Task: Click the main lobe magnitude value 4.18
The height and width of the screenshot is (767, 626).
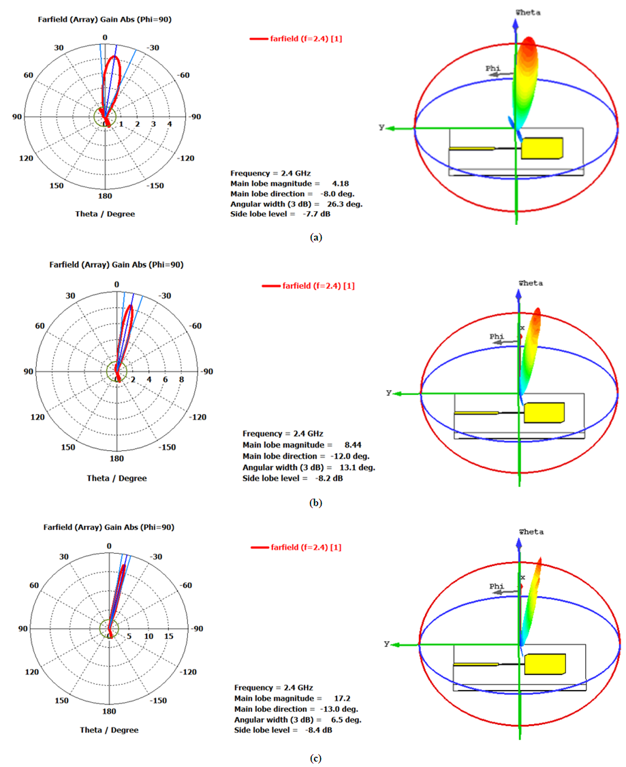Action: click(x=340, y=184)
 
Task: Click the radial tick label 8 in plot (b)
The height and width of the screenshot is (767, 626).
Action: click(x=181, y=379)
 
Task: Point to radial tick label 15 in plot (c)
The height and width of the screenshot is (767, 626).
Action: click(x=169, y=637)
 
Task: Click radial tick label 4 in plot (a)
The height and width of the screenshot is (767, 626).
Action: click(x=170, y=124)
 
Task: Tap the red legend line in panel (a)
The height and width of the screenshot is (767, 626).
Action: click(x=259, y=40)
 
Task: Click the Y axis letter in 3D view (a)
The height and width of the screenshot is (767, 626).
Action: click(x=382, y=127)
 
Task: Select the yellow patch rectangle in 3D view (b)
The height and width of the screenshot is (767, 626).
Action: click(x=544, y=413)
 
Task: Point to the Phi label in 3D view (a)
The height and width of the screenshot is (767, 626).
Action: click(x=492, y=69)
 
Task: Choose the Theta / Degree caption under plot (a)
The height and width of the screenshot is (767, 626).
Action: click(x=105, y=214)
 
